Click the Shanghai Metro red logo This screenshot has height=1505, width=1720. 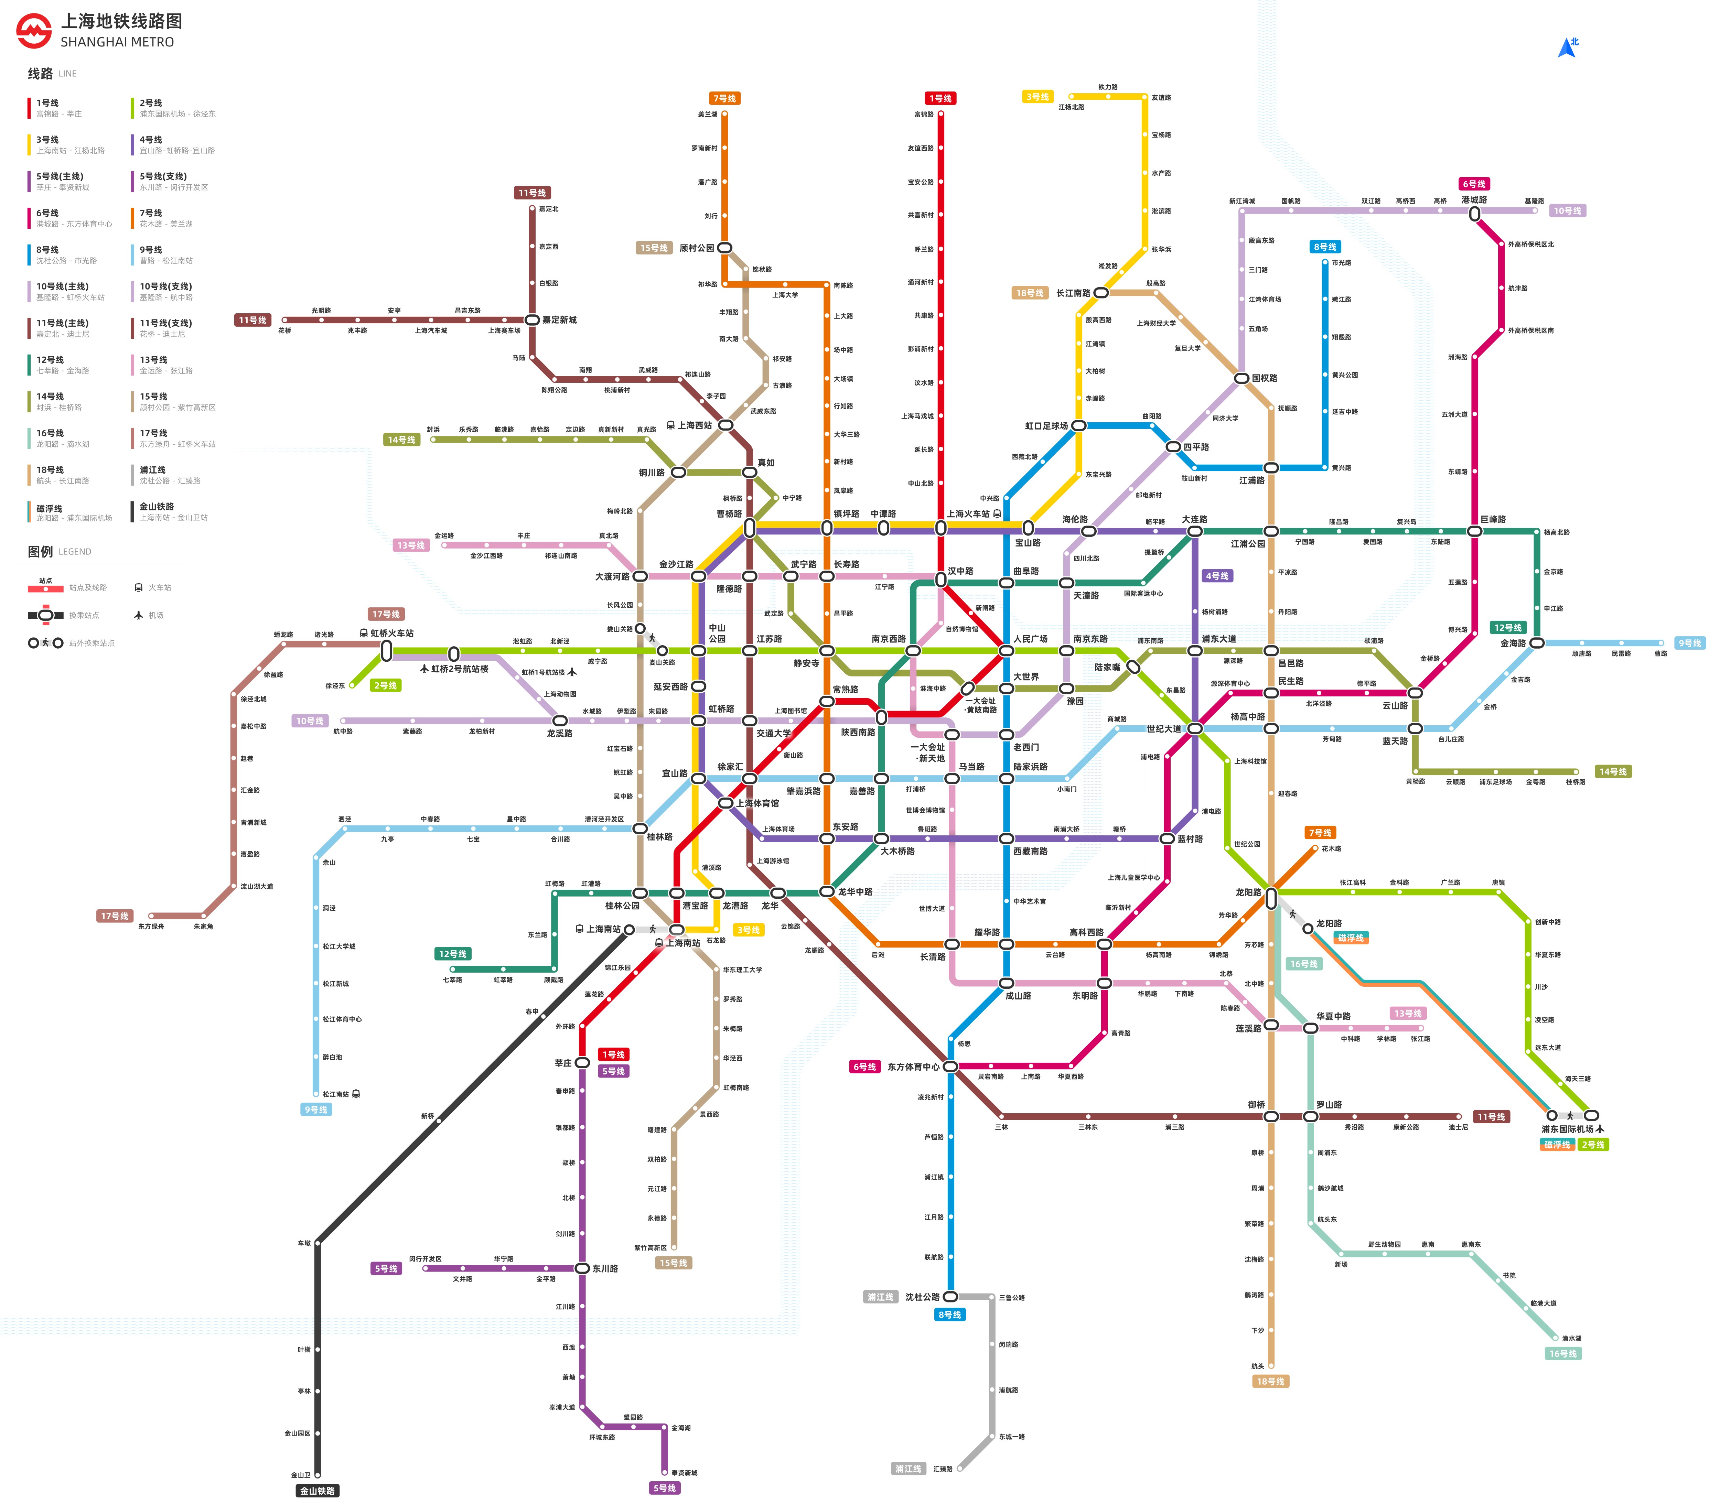coord(34,31)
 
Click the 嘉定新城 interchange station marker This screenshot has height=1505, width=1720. coord(531,320)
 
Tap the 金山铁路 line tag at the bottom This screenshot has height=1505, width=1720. coord(318,1491)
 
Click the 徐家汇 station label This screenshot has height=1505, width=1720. coord(730,767)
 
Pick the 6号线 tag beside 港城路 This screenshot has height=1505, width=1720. coord(1474,184)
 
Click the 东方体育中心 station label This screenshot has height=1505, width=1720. coord(913,1067)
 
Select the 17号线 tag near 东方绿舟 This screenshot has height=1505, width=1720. coord(114,916)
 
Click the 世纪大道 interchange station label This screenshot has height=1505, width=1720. coord(1163,729)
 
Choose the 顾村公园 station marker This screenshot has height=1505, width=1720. coord(724,248)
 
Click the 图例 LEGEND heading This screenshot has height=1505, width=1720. coord(59,552)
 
